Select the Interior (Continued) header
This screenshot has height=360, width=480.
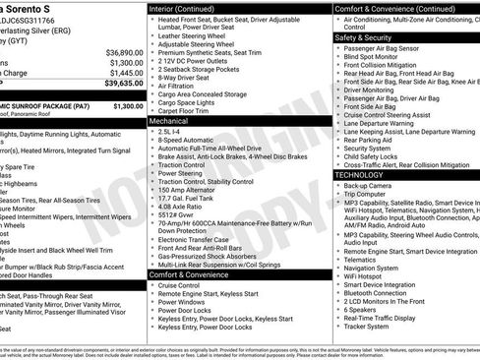click(x=190, y=8)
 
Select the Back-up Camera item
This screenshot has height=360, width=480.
click(x=368, y=185)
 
